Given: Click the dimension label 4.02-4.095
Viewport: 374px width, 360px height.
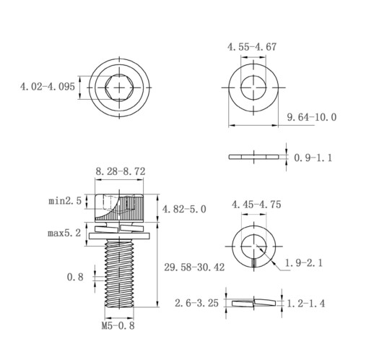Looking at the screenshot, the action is pyautogui.click(x=48, y=87).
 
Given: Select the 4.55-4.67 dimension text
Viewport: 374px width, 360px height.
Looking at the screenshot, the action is pyautogui.click(x=252, y=47).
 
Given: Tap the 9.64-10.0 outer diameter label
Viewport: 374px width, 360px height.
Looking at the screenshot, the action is pyautogui.click(x=312, y=117).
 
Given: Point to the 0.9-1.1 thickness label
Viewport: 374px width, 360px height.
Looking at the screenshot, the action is pyautogui.click(x=313, y=158).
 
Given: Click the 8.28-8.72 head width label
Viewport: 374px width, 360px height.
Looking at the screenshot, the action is pyautogui.click(x=121, y=171).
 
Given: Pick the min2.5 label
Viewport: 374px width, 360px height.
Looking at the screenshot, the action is pyautogui.click(x=65, y=201).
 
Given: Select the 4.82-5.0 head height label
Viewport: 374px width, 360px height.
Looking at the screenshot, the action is pyautogui.click(x=184, y=209).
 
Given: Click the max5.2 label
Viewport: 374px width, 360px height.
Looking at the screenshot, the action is pyautogui.click(x=64, y=233).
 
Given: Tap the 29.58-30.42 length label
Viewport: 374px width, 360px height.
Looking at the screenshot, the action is pyautogui.click(x=194, y=267).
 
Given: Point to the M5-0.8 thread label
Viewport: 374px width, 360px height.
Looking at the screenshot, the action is pyautogui.click(x=118, y=326).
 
